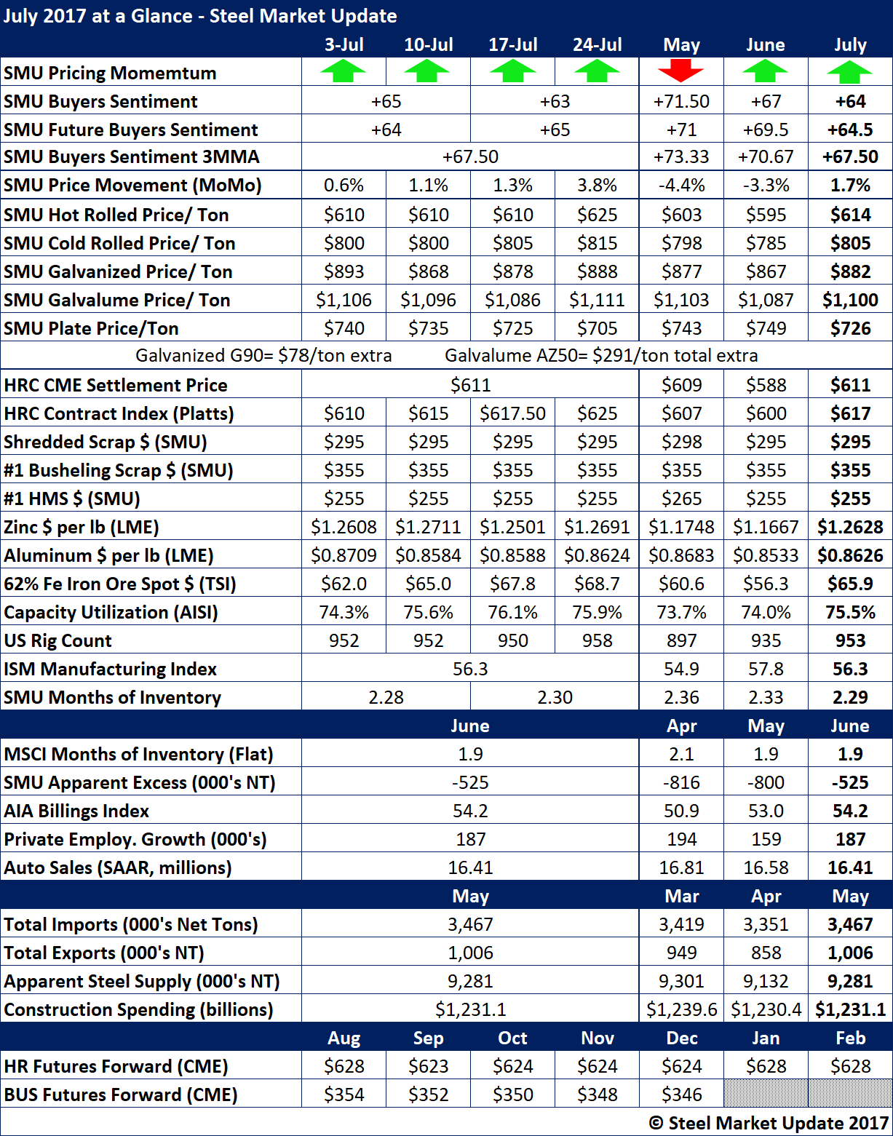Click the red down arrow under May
tap(681, 72)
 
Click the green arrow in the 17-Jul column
tap(512, 72)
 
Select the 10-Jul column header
tap(428, 44)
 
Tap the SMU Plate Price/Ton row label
tap(91, 328)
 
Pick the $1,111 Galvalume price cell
tap(597, 300)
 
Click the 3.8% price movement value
tap(597, 186)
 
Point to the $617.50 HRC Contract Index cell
tap(512, 413)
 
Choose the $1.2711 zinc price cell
tap(428, 527)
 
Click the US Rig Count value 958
tap(597, 640)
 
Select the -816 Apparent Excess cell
tap(681, 782)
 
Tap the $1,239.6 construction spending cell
tap(681, 1009)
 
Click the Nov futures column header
tap(597, 1038)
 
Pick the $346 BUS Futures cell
tap(681, 1095)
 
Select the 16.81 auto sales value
tap(681, 867)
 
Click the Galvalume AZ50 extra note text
tap(601, 356)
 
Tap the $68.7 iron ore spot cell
tap(597, 584)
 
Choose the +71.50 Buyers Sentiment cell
tap(681, 101)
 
